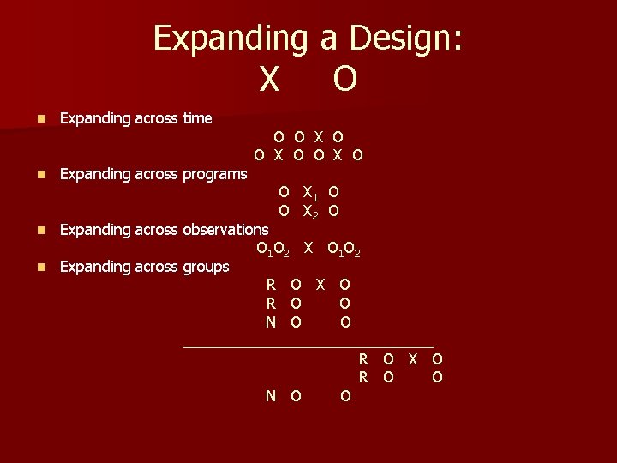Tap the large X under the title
tap(268, 79)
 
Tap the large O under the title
tap(344, 79)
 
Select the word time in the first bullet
tap(197, 118)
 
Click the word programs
tap(214, 174)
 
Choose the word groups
tap(205, 267)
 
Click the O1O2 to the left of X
tap(273, 250)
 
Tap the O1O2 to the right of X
tap(344, 250)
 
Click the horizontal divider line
tap(308, 347)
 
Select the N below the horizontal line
tap(271, 395)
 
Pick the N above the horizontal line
tap(271, 322)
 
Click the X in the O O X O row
tap(318, 136)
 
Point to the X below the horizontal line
tap(413, 358)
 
